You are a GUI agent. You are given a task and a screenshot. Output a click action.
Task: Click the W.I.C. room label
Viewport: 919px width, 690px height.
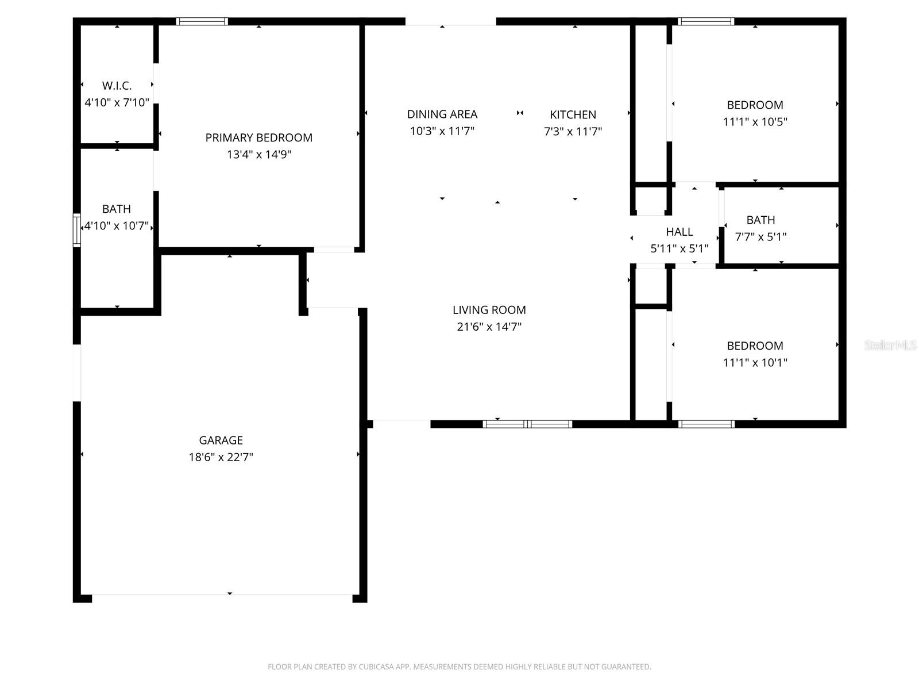point(117,86)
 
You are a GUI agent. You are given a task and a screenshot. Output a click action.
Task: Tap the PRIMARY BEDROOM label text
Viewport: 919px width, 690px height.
point(259,137)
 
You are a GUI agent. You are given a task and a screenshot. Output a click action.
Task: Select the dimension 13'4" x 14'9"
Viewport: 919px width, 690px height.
point(259,154)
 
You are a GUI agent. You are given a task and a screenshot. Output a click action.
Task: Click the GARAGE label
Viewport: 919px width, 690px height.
point(221,440)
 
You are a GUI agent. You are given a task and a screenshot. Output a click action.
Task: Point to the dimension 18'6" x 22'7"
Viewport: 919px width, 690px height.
point(221,457)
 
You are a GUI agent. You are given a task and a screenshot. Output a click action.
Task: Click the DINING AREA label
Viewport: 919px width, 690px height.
point(442,114)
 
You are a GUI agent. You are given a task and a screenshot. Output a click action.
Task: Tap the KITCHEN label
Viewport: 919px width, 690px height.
point(573,114)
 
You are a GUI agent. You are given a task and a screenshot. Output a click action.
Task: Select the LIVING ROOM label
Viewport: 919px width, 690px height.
point(489,310)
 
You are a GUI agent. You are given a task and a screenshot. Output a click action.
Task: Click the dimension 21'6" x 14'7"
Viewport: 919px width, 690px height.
point(489,327)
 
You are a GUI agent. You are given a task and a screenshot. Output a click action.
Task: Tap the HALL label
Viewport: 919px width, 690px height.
point(679,232)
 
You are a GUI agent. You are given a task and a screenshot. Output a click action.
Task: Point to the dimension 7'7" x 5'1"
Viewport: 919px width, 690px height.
point(760,236)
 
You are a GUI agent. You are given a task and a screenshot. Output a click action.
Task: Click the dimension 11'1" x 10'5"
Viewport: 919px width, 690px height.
point(755,121)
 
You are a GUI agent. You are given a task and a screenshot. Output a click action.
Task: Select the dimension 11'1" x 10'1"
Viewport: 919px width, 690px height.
point(755,362)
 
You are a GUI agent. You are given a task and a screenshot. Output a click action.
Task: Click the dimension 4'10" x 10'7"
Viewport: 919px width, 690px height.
point(117,225)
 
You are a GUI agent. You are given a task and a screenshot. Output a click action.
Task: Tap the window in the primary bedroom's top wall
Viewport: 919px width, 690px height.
point(202,22)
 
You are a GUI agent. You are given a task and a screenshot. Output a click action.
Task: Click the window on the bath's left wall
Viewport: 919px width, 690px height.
point(76,230)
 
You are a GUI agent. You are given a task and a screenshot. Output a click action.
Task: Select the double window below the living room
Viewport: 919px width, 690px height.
point(527,424)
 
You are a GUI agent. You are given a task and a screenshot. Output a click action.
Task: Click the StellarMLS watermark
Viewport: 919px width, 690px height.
point(890,345)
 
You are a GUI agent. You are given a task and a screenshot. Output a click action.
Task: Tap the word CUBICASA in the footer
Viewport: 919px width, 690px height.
point(376,667)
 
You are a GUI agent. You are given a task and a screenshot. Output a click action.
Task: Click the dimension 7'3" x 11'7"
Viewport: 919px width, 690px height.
point(573,131)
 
